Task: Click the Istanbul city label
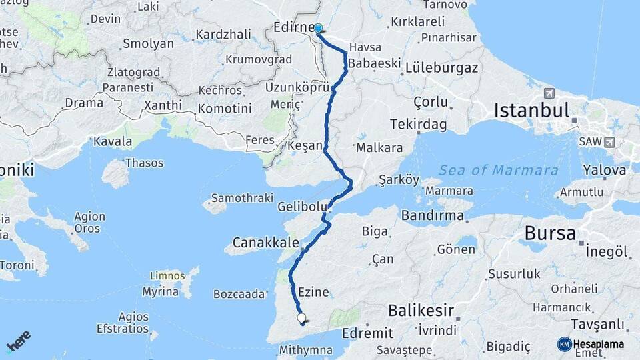(x=531, y=110)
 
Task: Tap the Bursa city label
(x=550, y=233)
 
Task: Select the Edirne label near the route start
(x=293, y=28)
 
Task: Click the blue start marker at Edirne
(x=318, y=29)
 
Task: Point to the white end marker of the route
(x=301, y=318)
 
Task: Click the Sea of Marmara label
(x=499, y=170)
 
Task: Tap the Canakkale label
(x=265, y=241)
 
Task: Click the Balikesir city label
(x=421, y=310)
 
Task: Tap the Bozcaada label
(x=239, y=293)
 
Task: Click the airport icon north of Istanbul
(x=549, y=93)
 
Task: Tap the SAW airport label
(x=591, y=142)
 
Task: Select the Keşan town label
(x=305, y=145)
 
